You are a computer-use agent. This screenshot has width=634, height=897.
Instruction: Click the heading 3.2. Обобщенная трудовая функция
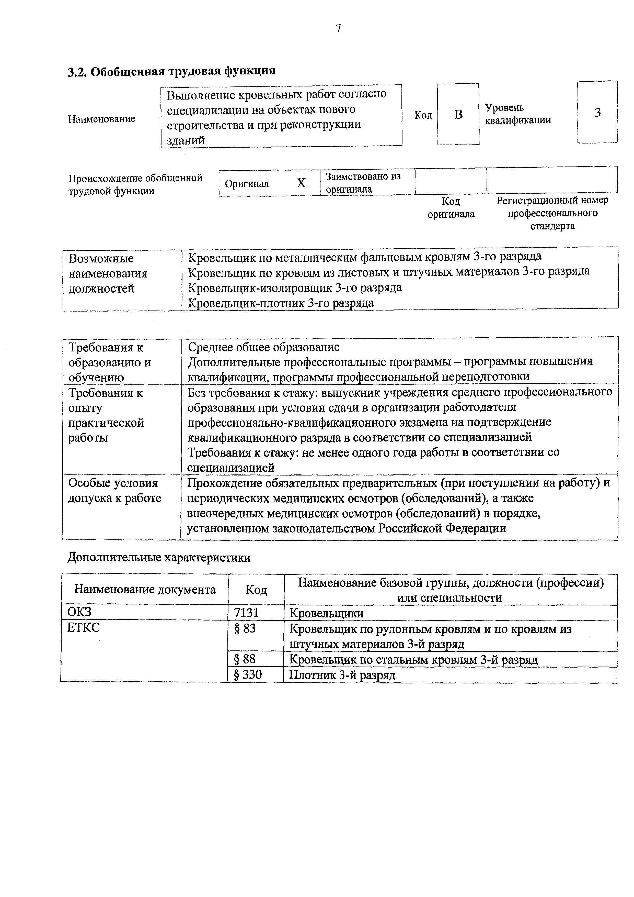(171, 71)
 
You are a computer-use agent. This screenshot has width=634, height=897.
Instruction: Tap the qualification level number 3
(597, 113)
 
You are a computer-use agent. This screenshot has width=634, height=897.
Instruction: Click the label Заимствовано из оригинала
(363, 182)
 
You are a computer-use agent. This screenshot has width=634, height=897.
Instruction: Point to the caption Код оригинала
(451, 207)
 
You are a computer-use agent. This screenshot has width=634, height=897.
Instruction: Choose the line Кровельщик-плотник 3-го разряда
(281, 303)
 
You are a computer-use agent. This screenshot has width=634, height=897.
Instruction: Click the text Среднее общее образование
(263, 347)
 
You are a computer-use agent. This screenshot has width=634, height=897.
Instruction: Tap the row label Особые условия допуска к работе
(114, 491)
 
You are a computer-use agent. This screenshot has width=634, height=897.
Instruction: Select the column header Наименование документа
(145, 589)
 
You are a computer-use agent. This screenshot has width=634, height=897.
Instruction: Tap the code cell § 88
(245, 659)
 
